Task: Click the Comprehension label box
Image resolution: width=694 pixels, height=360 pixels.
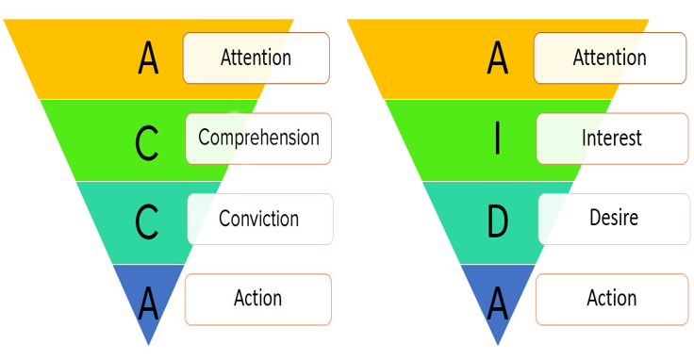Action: pyautogui.click(x=258, y=139)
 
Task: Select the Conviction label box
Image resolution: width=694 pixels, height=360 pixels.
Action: pyautogui.click(x=260, y=219)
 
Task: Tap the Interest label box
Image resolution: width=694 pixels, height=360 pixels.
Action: pyautogui.click(x=612, y=139)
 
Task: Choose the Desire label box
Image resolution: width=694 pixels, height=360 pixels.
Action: pyautogui.click(x=615, y=219)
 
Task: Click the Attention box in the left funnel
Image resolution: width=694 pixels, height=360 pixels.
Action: pyautogui.click(x=256, y=57)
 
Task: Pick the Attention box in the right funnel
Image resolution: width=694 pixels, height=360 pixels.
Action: pyautogui.click(x=610, y=57)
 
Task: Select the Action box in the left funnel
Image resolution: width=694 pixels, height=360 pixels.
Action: pyautogui.click(x=258, y=300)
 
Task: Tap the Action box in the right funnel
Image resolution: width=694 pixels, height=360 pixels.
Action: pyautogui.click(x=612, y=300)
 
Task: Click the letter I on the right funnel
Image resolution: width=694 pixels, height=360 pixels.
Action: pyautogui.click(x=498, y=139)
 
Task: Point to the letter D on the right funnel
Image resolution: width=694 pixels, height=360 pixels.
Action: pyautogui.click(x=498, y=220)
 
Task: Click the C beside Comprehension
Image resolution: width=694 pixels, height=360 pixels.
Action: pyautogui.click(x=146, y=143)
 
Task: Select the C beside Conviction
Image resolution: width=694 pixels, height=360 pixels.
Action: pyautogui.click(x=146, y=221)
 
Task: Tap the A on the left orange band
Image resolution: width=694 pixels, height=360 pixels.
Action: pyautogui.click(x=148, y=57)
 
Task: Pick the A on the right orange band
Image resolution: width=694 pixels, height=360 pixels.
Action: pyautogui.click(x=498, y=57)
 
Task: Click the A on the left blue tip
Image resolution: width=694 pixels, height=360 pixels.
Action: pyautogui.click(x=148, y=303)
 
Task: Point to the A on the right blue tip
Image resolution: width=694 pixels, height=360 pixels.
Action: pyautogui.click(x=498, y=303)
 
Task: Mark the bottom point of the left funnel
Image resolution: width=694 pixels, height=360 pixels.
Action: pyautogui.click(x=149, y=345)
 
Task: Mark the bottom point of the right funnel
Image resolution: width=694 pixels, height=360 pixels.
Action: pyautogui.click(x=498, y=345)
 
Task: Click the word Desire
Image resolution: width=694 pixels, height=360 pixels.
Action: pyautogui.click(x=614, y=218)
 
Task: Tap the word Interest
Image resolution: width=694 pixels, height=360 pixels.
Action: pyautogui.click(x=612, y=138)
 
